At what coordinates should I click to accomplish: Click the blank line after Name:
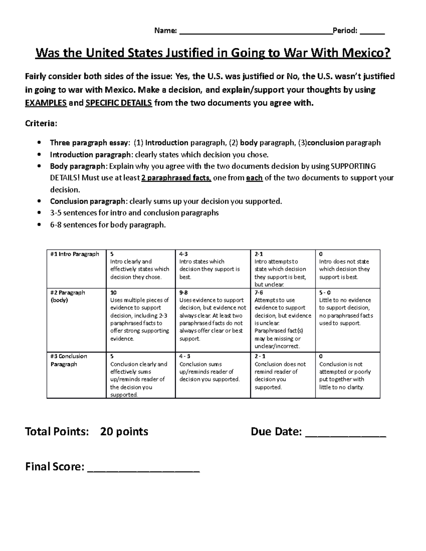point(256,32)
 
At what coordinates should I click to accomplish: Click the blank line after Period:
point(372,32)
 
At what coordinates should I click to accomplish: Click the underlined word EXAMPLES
point(46,103)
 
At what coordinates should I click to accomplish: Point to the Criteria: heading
point(41,123)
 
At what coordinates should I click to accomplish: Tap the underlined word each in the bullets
point(254,178)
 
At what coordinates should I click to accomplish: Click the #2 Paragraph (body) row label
point(67,296)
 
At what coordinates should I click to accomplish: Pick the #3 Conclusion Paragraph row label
point(68,360)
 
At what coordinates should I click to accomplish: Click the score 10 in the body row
point(114,293)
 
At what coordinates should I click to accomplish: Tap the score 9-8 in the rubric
point(184,293)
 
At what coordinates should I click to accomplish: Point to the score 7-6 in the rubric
point(259,293)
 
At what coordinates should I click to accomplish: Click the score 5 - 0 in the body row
point(325,293)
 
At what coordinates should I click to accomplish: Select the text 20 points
point(124,431)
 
